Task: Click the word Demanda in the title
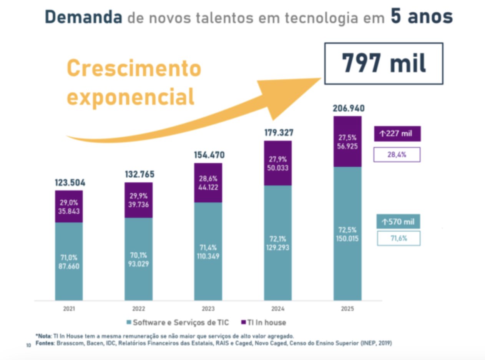[x=83, y=17]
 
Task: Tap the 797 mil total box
[x=384, y=63]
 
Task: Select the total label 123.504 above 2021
[x=70, y=183]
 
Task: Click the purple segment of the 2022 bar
[x=139, y=200]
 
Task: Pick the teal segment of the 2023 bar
[x=208, y=252]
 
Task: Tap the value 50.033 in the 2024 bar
[x=278, y=168]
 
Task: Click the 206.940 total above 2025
[x=349, y=108]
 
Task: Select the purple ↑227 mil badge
[x=397, y=133]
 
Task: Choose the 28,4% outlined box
[x=397, y=155]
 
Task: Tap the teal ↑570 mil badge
[x=398, y=222]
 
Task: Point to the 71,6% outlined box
[x=399, y=238]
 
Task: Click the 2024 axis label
[x=278, y=308]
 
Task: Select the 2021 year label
[x=69, y=308]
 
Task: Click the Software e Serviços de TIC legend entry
[x=178, y=322]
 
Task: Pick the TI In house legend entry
[x=264, y=322]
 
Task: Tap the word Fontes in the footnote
[x=45, y=343]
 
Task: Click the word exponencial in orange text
[x=131, y=97]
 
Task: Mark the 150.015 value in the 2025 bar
[x=347, y=238]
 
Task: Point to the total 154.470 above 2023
[x=209, y=155]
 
